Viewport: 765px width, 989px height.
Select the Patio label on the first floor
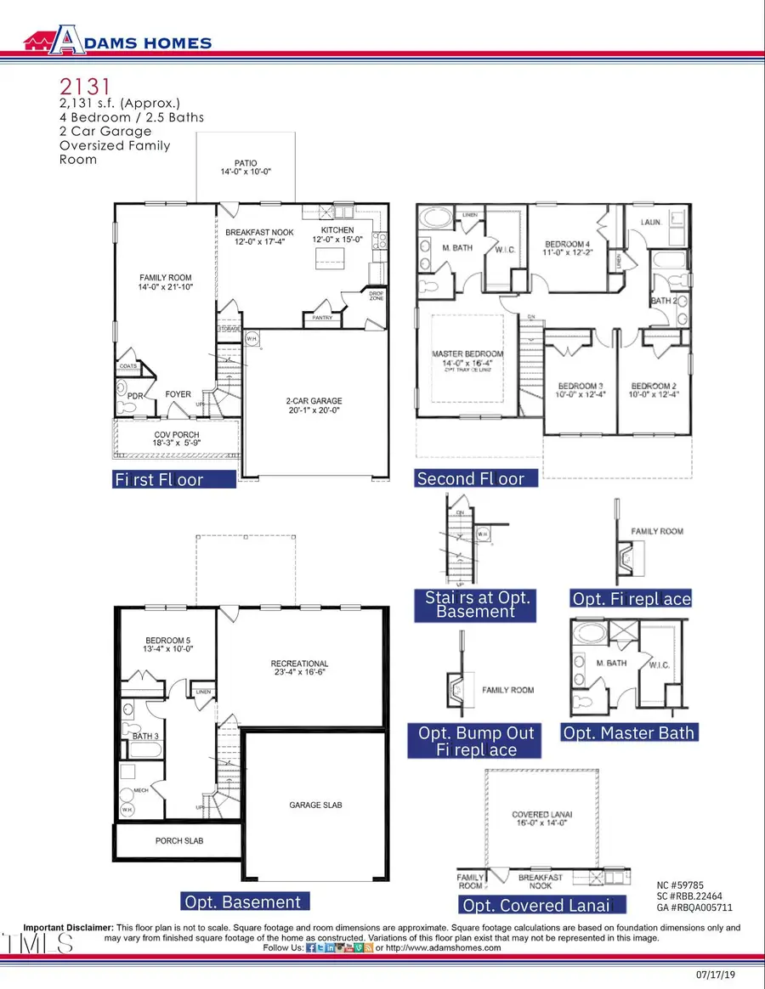[246, 167]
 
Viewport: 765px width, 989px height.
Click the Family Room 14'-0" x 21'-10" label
[166, 283]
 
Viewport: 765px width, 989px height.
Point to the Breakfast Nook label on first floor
[261, 235]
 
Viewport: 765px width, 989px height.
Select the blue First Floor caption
[174, 479]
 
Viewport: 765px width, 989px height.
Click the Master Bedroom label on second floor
[467, 359]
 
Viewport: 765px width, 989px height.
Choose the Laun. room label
[650, 223]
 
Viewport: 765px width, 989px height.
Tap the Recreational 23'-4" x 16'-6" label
[299, 669]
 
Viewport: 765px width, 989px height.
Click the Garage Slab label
[315, 805]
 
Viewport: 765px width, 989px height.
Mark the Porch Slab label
[178, 840]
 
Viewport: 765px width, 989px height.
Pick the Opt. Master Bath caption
[629, 732]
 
